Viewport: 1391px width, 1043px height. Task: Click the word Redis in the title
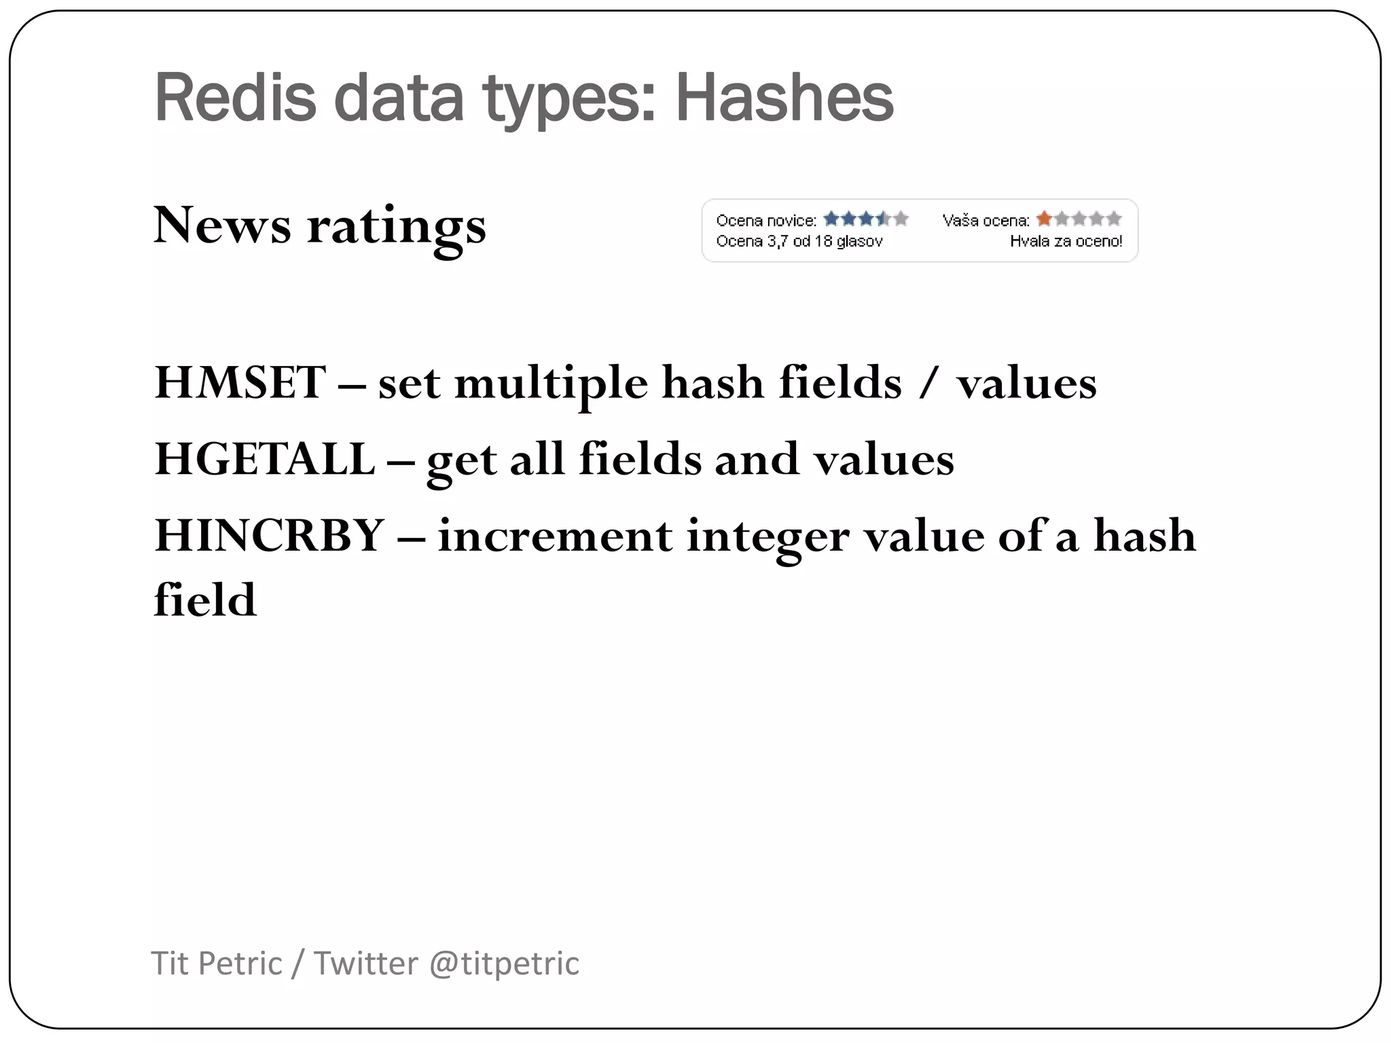235,98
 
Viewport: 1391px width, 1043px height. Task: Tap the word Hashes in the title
784,98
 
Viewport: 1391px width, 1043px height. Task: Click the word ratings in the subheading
397,227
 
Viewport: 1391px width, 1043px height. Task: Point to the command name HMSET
240,382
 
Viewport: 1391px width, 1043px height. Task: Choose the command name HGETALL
264,459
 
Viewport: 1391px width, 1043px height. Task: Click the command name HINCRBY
270,535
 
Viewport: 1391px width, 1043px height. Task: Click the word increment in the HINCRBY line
555,536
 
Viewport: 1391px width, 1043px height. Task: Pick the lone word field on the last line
205,600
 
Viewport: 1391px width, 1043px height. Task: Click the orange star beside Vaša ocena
1044,219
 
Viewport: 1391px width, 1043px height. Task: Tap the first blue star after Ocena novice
831,219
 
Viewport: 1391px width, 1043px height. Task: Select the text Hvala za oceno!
1066,241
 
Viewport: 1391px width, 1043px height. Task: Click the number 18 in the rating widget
823,241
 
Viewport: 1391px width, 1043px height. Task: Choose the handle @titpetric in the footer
504,964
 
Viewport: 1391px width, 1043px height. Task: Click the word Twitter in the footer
365,964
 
